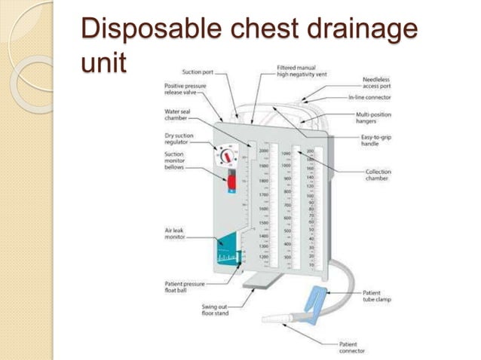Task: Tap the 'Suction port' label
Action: point(198,72)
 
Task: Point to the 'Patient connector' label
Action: point(353,347)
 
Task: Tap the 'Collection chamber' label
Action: point(378,175)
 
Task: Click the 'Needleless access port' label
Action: point(375,82)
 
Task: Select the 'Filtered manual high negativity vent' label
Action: point(299,71)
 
